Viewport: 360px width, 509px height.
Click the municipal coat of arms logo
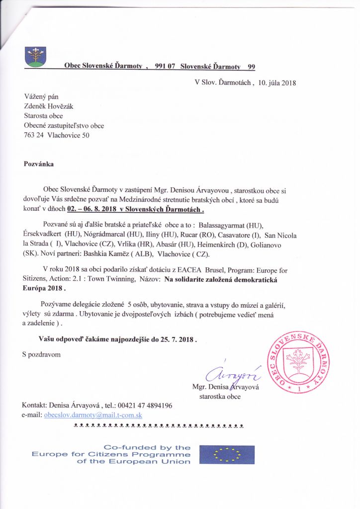[35, 57]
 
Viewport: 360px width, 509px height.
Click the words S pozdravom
[41, 354]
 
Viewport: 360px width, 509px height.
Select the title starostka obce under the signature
[220, 397]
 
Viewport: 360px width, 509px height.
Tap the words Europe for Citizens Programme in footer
[111, 454]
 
